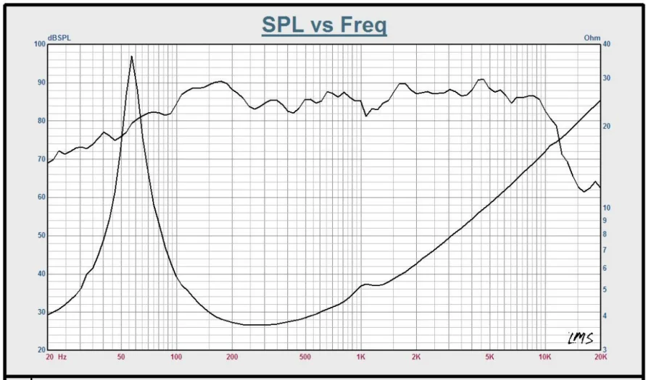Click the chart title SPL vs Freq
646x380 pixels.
point(323,25)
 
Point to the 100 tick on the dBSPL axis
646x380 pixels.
point(39,44)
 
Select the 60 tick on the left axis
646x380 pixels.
point(41,198)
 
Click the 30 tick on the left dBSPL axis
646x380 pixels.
point(41,313)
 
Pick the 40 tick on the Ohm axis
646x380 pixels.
point(607,44)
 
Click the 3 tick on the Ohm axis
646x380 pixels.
point(605,350)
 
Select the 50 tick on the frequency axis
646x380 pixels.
point(120,358)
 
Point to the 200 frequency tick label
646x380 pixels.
point(232,358)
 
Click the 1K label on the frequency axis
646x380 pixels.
point(361,358)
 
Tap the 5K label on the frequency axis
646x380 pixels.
point(489,358)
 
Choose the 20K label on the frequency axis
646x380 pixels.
point(600,358)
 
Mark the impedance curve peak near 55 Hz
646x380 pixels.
point(131,56)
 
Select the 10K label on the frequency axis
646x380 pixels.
point(544,358)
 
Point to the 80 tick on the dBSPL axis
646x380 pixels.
point(41,121)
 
